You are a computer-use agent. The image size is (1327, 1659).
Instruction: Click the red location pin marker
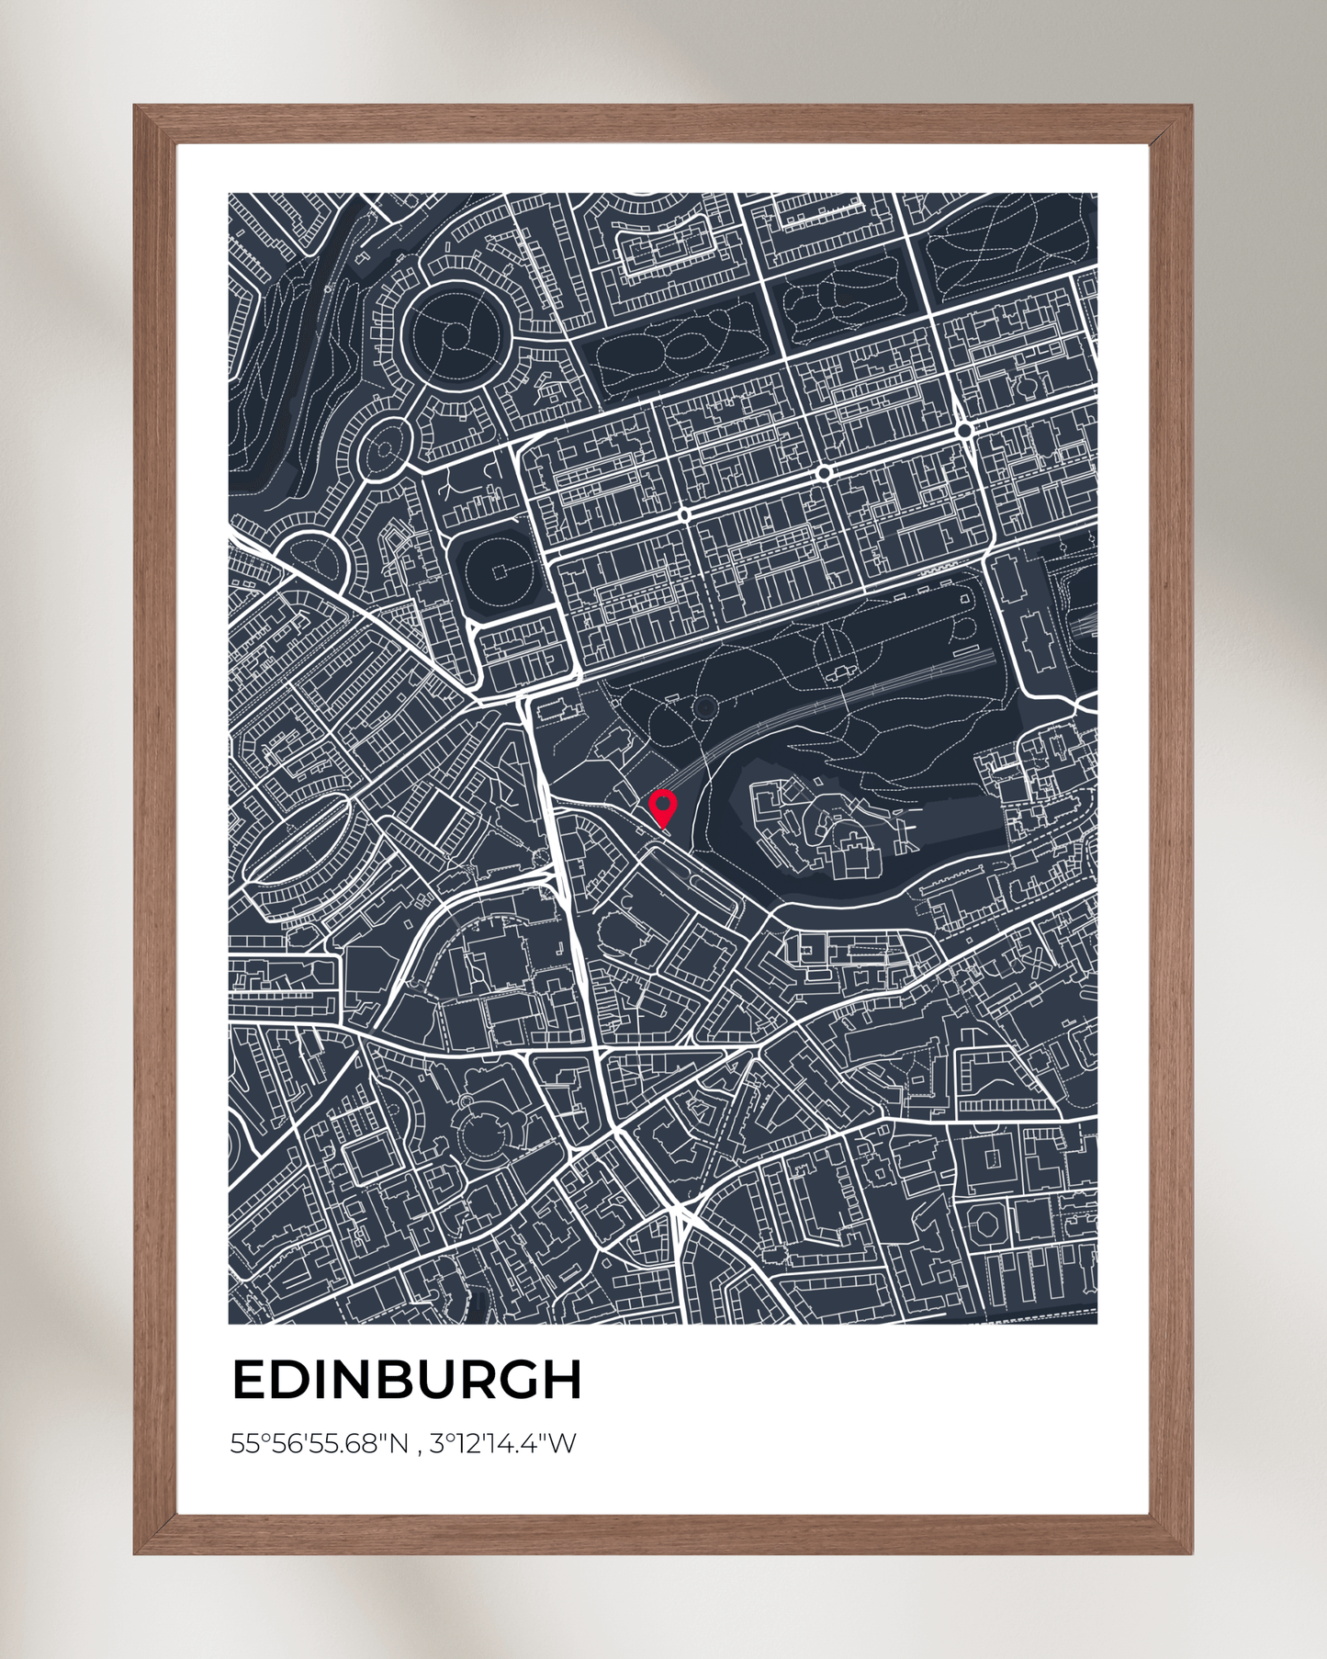(x=663, y=807)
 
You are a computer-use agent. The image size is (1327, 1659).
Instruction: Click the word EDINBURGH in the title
(x=407, y=1380)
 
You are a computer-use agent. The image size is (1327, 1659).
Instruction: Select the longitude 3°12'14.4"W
(x=503, y=1444)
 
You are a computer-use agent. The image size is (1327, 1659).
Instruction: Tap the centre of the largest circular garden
(x=455, y=336)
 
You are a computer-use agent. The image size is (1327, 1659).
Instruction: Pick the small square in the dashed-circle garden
(x=499, y=572)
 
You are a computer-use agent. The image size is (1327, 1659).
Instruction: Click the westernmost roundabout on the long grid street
(x=684, y=515)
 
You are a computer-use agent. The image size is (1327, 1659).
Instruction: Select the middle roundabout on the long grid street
(x=824, y=472)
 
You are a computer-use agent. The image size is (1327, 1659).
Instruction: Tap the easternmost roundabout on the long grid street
(x=963, y=429)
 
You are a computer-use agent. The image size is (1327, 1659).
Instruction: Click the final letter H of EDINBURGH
(x=563, y=1380)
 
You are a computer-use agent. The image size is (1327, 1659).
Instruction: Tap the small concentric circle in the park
(x=704, y=707)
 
